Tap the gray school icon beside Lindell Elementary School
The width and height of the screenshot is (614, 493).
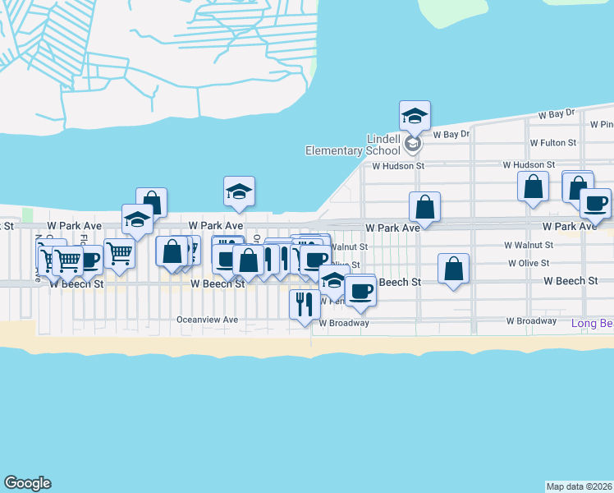[x=413, y=145]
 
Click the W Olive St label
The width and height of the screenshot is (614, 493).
[x=529, y=264]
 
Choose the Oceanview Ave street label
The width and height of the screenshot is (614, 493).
[x=207, y=320]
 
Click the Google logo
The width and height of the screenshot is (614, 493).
[x=27, y=483]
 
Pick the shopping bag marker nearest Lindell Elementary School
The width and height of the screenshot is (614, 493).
[x=424, y=207]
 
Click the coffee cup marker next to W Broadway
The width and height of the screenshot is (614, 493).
[x=360, y=290]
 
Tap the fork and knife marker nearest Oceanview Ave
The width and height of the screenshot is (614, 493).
[x=305, y=304]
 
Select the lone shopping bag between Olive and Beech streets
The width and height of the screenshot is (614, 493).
[x=453, y=269]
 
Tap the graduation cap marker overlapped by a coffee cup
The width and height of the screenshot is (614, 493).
[x=333, y=280]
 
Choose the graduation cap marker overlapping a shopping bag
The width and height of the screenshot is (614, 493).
[x=138, y=219]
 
